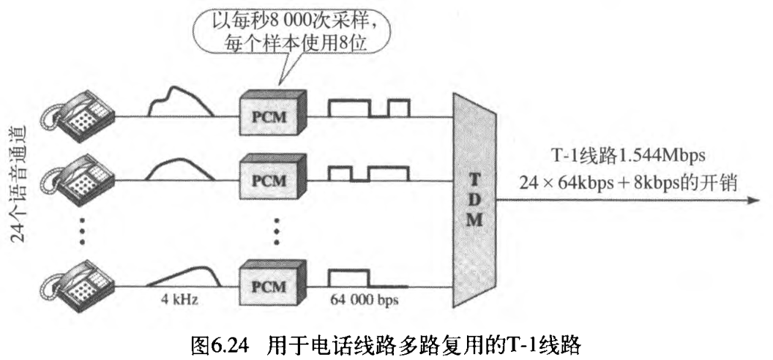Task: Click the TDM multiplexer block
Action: tap(474, 200)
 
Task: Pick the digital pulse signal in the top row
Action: tap(369, 108)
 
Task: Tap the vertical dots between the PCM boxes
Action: tap(277, 231)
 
